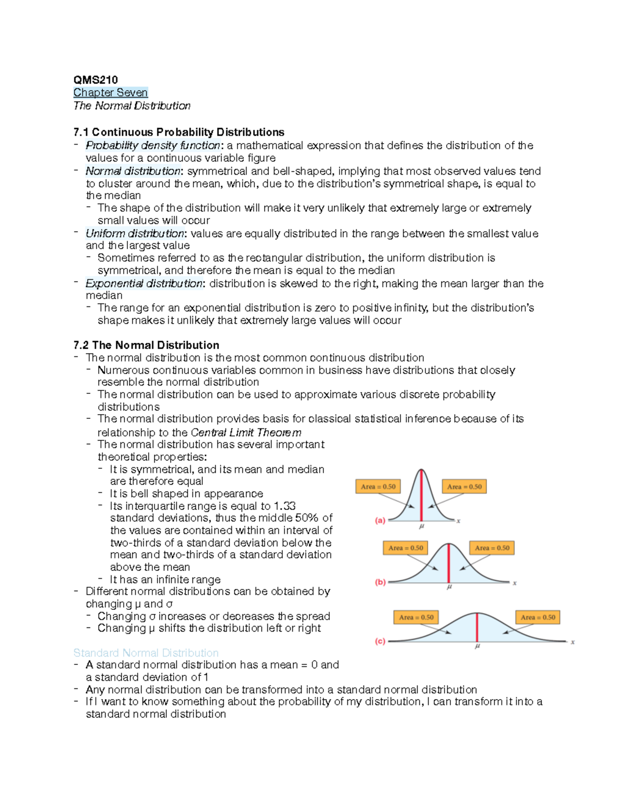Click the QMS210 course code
pos(96,80)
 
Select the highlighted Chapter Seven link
pos(111,93)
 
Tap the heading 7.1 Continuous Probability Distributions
pos(179,132)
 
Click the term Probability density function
pos(153,146)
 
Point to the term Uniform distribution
pos(135,234)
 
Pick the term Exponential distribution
pos(144,284)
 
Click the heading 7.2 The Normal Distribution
pos(146,345)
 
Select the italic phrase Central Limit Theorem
pos(246,433)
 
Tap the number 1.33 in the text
pos(284,506)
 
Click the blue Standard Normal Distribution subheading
pos(146,653)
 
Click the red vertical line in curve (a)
pos(421,497)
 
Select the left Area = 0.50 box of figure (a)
pos(379,487)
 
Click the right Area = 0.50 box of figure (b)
pos(492,548)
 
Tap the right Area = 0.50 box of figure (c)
pos(538,618)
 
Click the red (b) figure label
pos(381,582)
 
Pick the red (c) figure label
pos(381,642)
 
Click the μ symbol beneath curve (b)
pos(449,587)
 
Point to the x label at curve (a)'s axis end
pos(458,521)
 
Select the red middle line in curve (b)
pos(449,564)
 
